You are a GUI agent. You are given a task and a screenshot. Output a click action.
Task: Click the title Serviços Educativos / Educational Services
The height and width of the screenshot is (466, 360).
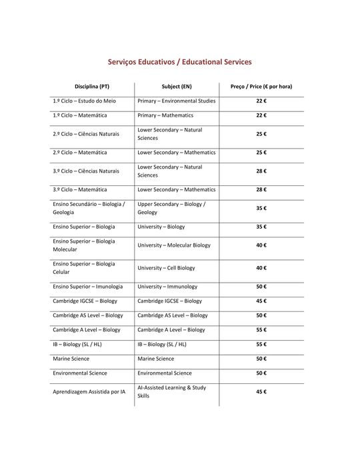click(x=180, y=62)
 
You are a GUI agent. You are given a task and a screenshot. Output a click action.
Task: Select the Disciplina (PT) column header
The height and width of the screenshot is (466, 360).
click(x=92, y=87)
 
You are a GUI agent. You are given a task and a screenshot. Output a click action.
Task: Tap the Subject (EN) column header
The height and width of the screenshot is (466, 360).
click(x=177, y=87)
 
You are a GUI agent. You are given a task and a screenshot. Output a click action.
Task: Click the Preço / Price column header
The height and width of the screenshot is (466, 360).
click(x=261, y=87)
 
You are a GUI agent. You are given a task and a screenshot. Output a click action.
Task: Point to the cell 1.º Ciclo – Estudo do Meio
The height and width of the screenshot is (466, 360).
click(x=84, y=101)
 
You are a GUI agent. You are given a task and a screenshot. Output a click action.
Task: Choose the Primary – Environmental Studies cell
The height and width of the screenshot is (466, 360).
click(x=177, y=101)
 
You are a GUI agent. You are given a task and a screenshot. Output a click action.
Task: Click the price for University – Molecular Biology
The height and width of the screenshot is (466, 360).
click(x=261, y=245)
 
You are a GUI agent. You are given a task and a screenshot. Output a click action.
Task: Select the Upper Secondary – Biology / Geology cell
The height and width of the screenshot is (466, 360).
click(x=171, y=208)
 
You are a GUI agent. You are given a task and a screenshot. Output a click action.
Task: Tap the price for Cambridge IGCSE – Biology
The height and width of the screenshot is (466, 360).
click(x=261, y=301)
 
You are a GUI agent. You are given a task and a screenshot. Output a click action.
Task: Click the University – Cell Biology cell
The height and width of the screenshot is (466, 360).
click(x=167, y=268)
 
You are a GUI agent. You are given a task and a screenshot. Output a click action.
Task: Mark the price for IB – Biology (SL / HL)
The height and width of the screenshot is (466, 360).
click(x=261, y=344)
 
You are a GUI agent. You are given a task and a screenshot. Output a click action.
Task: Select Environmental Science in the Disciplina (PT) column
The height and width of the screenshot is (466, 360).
click(x=80, y=373)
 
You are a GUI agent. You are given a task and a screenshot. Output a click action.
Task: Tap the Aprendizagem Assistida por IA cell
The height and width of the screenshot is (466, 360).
click(x=89, y=392)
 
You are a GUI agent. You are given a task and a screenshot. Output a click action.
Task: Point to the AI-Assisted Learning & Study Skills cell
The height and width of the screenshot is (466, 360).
click(x=171, y=391)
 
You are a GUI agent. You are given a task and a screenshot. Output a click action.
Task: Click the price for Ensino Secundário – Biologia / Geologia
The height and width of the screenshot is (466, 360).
click(x=261, y=208)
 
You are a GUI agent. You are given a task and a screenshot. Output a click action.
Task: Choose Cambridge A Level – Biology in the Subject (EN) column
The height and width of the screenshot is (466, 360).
click(x=171, y=330)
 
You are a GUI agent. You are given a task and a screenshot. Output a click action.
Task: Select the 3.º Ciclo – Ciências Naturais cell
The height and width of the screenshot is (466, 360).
click(x=86, y=171)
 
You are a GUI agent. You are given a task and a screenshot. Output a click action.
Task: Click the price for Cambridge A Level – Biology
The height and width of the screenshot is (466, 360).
click(x=261, y=330)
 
